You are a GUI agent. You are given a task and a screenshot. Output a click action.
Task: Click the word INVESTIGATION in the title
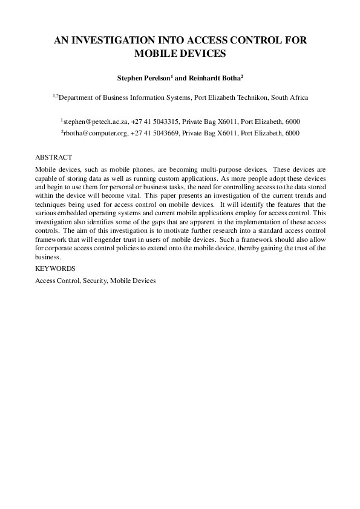(x=115, y=41)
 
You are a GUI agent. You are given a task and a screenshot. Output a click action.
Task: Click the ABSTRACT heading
(x=54, y=157)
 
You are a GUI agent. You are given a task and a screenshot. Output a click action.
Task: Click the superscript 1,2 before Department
(x=55, y=95)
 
